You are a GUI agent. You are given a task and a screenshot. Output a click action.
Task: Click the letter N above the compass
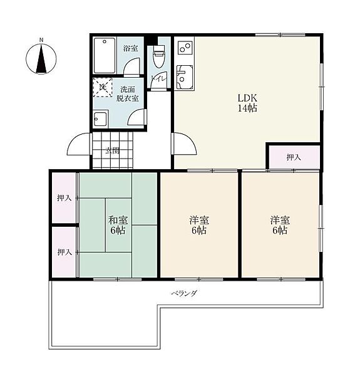coord(41,40)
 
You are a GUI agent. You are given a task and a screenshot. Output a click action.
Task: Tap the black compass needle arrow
coord(41,59)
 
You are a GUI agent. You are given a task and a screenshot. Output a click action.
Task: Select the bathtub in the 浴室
coord(104,55)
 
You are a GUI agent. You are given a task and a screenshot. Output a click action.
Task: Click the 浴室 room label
coord(130,48)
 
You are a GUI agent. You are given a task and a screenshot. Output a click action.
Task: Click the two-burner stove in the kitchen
coord(185,47)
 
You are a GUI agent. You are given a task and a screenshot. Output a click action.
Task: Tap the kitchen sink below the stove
coord(185,76)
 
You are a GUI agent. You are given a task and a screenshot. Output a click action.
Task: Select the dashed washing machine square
coord(103,87)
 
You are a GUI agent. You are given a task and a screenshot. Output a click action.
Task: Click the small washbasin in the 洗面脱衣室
coord(101,118)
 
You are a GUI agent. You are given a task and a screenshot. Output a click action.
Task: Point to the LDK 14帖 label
coord(247,103)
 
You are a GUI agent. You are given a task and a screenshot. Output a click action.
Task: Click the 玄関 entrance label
coord(113,151)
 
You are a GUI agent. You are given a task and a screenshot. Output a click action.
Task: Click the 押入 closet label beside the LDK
coord(294,157)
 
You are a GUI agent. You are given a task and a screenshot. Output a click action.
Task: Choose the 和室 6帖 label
coord(118,225)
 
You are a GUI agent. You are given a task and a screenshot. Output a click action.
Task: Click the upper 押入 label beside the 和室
coord(64,198)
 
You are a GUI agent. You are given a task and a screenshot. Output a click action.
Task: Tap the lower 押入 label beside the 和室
coord(64,252)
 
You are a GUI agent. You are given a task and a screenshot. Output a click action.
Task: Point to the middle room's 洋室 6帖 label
coord(199,225)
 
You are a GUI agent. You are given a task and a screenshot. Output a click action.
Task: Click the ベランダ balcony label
coord(184,293)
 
